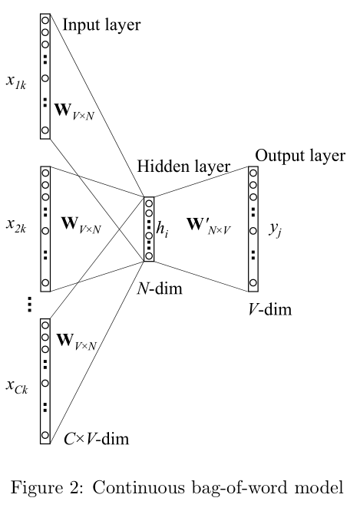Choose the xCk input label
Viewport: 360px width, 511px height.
coord(18,386)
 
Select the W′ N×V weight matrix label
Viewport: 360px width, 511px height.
coord(205,228)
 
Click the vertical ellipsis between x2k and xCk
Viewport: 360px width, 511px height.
coord(28,305)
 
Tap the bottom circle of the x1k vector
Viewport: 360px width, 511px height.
coord(45,131)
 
